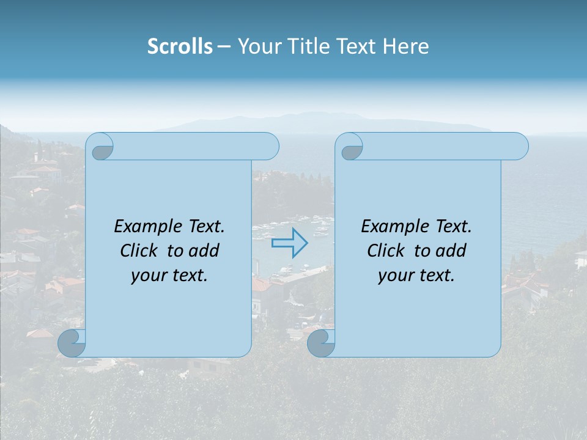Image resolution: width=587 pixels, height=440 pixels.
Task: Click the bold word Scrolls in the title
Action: (x=180, y=46)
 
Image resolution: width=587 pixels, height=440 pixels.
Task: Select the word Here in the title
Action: (x=406, y=46)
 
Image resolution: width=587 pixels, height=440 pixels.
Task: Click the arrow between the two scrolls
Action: (x=290, y=243)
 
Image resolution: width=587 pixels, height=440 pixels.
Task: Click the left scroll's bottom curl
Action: (x=71, y=343)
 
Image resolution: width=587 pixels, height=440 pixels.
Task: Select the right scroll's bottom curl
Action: (x=320, y=343)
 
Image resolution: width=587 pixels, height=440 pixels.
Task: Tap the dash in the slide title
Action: (x=224, y=46)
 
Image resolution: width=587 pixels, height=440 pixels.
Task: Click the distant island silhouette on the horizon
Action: (x=318, y=122)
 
